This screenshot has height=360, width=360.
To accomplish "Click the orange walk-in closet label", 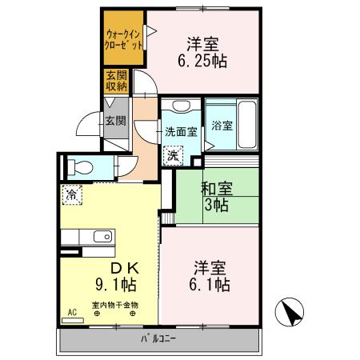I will [x=124, y=40].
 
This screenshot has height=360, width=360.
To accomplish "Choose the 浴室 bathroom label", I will [x=222, y=126].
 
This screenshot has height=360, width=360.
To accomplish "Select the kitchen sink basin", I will [x=102, y=236].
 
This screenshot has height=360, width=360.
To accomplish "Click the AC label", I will [x=71, y=312].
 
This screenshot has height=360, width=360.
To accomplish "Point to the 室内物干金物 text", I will [x=114, y=305].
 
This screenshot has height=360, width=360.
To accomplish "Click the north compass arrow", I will [x=290, y=312].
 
